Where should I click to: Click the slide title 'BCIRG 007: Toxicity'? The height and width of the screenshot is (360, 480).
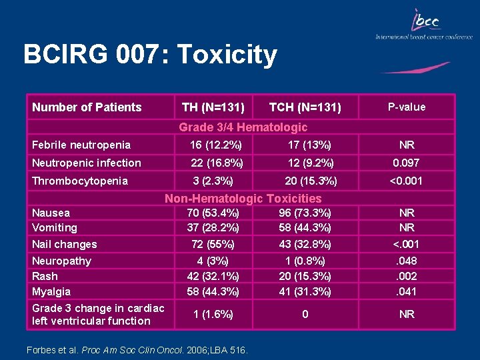tap(149, 55)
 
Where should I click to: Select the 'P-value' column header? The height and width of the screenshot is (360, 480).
tap(407, 107)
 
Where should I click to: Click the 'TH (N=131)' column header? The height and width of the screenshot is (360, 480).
tap(213, 107)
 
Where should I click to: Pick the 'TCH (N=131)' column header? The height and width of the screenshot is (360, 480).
tap(305, 107)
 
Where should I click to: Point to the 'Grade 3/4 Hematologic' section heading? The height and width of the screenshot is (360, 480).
tap(243, 127)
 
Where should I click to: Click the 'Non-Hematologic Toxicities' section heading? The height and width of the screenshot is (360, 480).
tap(243, 198)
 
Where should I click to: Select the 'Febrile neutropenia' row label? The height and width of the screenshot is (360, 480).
tap(81, 145)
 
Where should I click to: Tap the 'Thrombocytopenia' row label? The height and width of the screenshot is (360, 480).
tap(80, 181)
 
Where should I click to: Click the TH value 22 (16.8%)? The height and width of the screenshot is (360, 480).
tap(217, 163)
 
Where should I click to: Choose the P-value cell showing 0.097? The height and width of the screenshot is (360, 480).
tap(407, 163)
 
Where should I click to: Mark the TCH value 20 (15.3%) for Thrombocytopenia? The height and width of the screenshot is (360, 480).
tap(311, 181)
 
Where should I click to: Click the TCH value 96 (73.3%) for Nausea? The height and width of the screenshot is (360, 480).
tap(305, 213)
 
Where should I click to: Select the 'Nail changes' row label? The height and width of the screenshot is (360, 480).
tap(65, 244)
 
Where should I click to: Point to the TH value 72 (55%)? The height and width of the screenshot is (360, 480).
tap(213, 244)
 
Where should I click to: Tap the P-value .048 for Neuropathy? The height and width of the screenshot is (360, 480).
tap(407, 261)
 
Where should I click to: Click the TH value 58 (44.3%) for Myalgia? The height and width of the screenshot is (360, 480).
tap(213, 291)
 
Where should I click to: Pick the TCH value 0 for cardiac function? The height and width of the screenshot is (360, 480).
tap(305, 314)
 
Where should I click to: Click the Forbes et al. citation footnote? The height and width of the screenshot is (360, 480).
tap(137, 349)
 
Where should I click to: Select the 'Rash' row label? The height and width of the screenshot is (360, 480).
tap(45, 276)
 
